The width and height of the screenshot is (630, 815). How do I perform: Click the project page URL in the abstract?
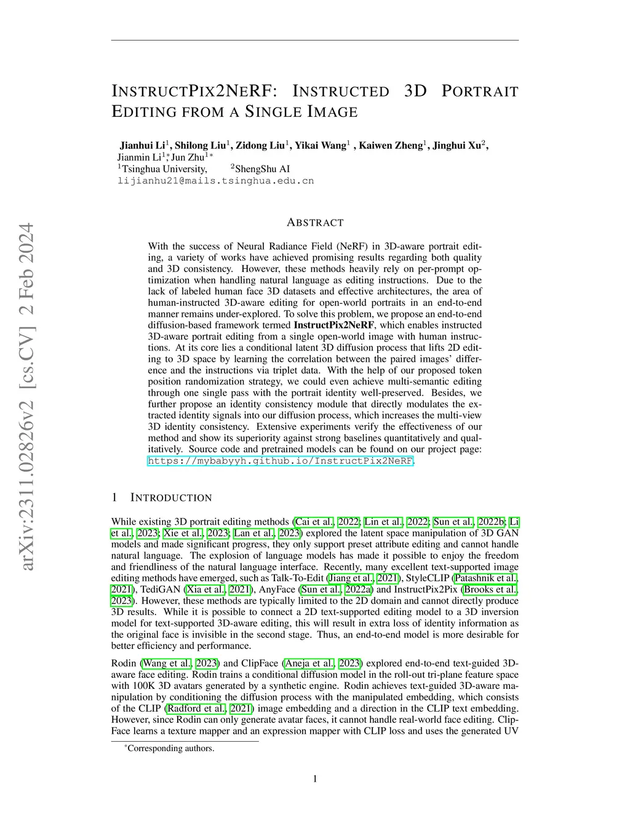pos(281,461)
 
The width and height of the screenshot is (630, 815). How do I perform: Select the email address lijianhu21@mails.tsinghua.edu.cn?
pos(215,181)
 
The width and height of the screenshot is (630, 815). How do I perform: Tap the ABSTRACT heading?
pos(315,223)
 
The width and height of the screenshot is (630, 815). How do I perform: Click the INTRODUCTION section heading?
pos(171,498)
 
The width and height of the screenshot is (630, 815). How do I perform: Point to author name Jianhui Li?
pos(143,146)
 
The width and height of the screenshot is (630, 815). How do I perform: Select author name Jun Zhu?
pos(187,157)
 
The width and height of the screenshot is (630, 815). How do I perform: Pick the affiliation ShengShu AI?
pos(263,169)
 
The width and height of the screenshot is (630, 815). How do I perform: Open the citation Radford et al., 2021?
pos(208,709)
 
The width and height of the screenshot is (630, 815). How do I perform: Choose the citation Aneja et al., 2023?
pos(322,663)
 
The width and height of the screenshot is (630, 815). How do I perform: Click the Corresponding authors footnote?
pos(170,749)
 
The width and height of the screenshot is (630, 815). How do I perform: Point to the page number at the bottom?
pos(315,779)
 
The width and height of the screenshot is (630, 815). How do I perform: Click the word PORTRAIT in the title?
pos(480,92)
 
